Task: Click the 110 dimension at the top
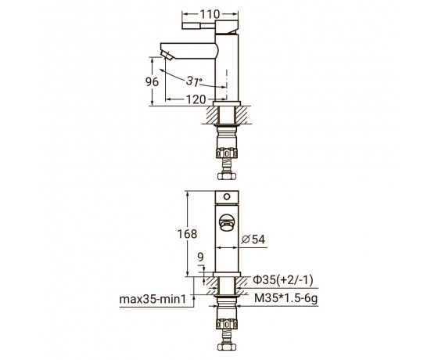pos(210,14)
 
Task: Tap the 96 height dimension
pos(152,81)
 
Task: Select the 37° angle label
pos(194,81)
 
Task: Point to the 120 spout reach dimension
pos(196,99)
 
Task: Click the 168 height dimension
pos(187,234)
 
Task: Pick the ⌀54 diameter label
pos(253,239)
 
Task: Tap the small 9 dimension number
pos(200,257)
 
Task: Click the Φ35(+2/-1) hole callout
pos(282,279)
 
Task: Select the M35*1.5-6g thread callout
pos(285,298)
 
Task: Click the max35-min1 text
pos(153,299)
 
